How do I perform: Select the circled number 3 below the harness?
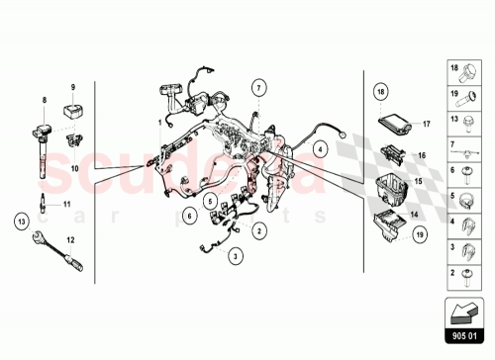[236, 256]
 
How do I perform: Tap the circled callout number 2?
[258, 230]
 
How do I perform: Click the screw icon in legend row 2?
[468, 274]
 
